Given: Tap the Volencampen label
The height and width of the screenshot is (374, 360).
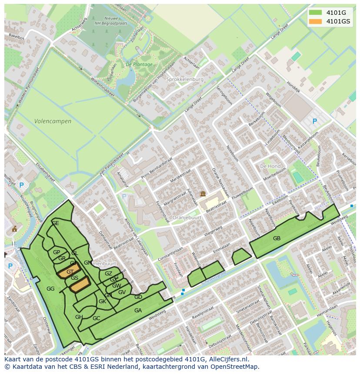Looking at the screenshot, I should tap(53, 121).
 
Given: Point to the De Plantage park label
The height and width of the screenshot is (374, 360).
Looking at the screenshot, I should tap(139, 64).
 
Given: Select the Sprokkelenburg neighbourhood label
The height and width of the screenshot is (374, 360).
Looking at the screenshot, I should tap(185, 79).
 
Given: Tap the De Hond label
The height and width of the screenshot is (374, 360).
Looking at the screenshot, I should tap(270, 166).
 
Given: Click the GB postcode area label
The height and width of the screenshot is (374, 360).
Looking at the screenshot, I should tap(277, 238).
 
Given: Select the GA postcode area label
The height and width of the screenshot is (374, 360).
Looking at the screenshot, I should tap(138, 310).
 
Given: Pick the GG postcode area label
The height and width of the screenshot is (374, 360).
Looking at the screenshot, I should tap(50, 288).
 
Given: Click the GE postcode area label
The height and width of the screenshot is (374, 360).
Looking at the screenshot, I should tap(55, 223).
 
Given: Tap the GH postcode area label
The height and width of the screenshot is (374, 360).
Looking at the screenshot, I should tap(79, 317).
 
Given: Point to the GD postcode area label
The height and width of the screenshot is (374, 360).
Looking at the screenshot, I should tap(138, 297).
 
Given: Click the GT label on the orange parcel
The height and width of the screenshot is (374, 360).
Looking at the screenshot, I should tap(70, 272).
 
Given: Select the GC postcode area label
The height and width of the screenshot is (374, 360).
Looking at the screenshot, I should tap(96, 318).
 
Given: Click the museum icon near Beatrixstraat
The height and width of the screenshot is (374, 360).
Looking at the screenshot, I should tap(202, 194).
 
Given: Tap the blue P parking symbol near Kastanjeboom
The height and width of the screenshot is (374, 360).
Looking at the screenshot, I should tap(315, 122).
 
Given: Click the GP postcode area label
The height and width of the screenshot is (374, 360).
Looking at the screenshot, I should tap(57, 252).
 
